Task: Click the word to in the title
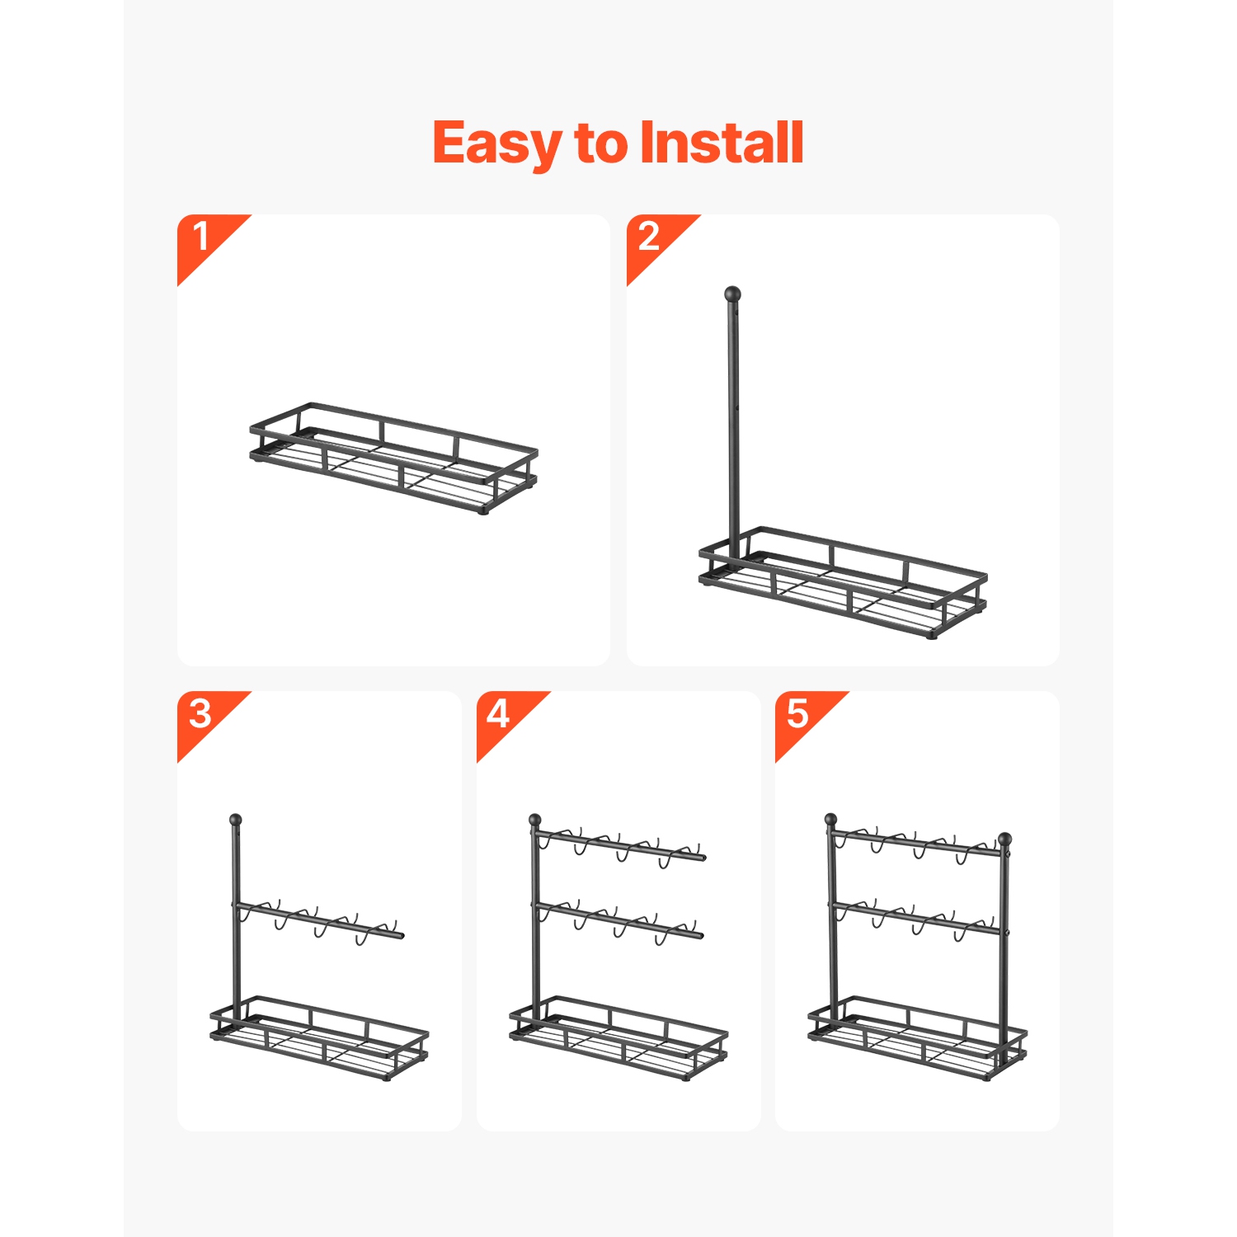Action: pyautogui.click(x=601, y=143)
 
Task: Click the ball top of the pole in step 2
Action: pyautogui.click(x=732, y=294)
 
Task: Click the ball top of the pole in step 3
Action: pyautogui.click(x=235, y=821)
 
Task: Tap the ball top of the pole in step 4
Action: pyautogui.click(x=534, y=821)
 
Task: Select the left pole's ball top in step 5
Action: pyautogui.click(x=830, y=821)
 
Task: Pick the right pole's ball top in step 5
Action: pyautogui.click(x=1004, y=840)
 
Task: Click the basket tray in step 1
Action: pyautogui.click(x=394, y=459)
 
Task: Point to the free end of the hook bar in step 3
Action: pyautogui.click(x=402, y=936)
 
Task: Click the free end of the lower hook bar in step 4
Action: pyautogui.click(x=701, y=936)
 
